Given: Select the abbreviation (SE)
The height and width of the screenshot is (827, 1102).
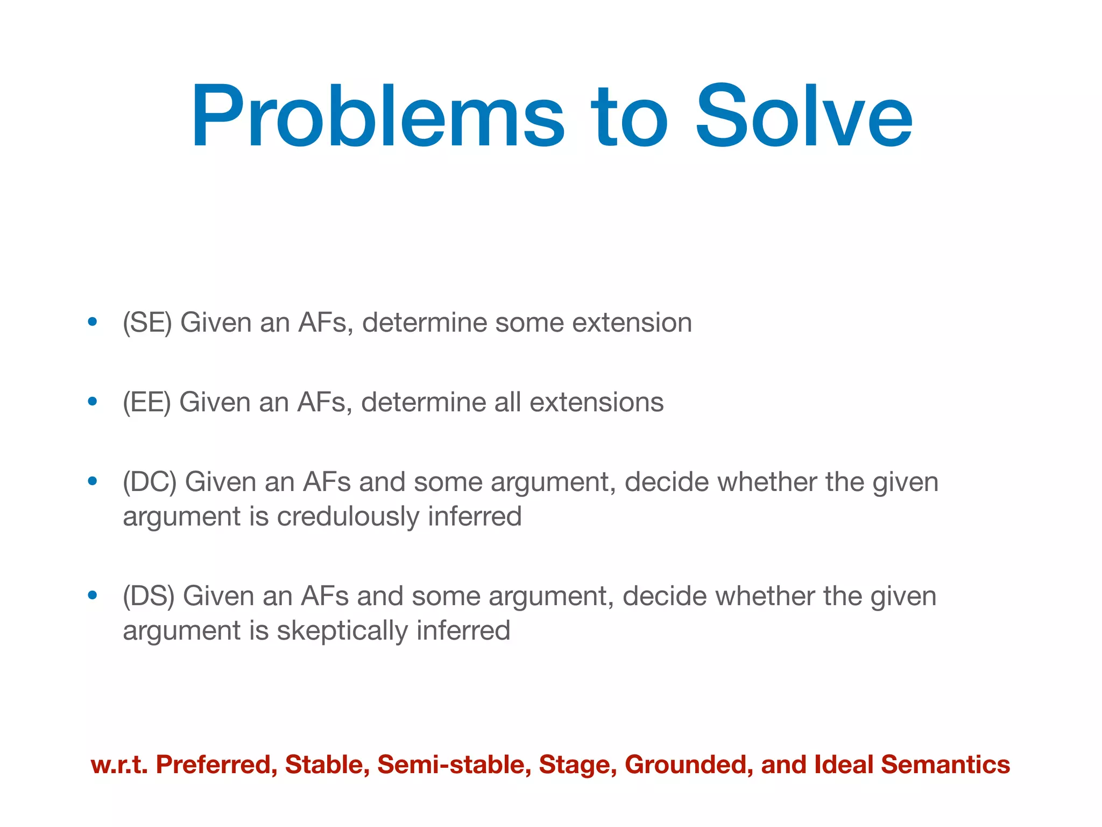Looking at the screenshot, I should click(147, 323).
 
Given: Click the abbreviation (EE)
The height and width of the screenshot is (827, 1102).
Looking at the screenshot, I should click(146, 403).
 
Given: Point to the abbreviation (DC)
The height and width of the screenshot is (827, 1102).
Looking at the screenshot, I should click(150, 482).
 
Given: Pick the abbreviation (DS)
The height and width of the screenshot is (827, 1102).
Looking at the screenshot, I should click(149, 597).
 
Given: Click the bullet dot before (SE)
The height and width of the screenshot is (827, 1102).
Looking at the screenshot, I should click(93, 322).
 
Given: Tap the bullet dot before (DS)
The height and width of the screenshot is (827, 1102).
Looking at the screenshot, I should click(93, 595).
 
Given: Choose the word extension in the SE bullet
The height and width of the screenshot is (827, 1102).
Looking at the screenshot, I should click(632, 323).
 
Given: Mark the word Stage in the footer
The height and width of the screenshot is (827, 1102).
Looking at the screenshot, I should click(577, 765).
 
